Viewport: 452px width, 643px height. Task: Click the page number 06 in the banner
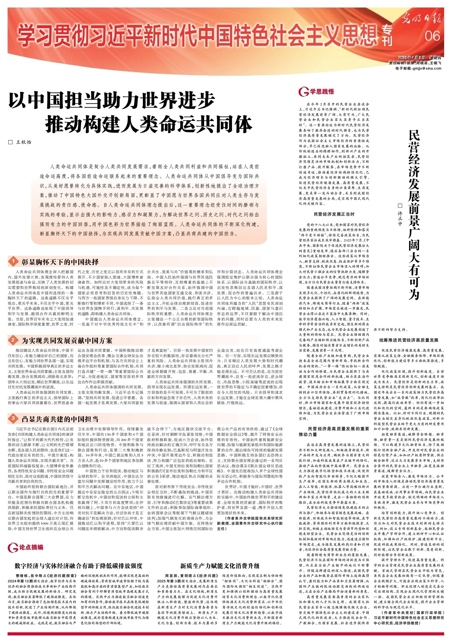point(433,36)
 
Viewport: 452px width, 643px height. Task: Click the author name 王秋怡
point(24,142)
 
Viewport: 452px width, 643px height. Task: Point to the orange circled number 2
point(13,340)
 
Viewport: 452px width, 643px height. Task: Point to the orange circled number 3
point(13,418)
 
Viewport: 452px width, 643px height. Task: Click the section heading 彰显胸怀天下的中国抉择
point(60,262)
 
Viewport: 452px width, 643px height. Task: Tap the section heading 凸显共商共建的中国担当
point(60,419)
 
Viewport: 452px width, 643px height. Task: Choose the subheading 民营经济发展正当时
point(334,214)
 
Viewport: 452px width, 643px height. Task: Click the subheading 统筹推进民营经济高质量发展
point(409,340)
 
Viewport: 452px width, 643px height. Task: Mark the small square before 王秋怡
point(10,142)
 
